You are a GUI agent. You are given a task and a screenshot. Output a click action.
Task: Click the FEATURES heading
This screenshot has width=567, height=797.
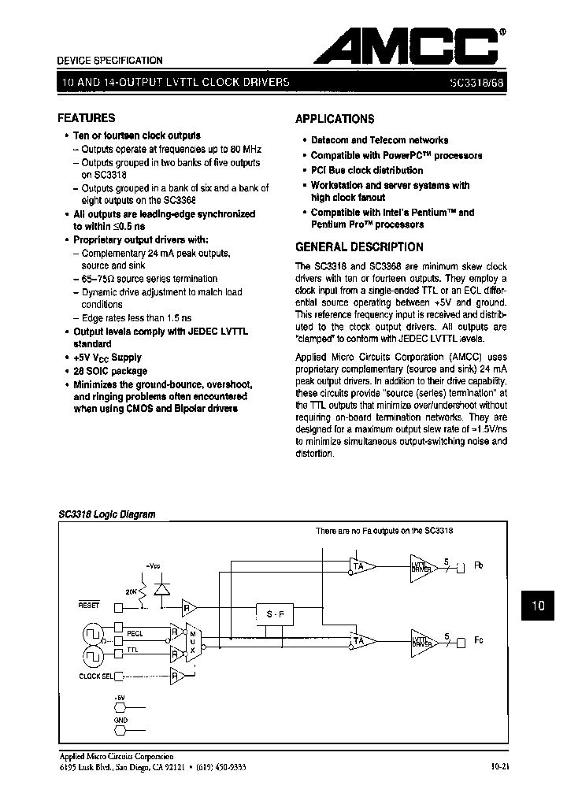click(87, 118)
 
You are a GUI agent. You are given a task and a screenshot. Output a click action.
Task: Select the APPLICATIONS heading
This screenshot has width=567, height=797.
click(335, 119)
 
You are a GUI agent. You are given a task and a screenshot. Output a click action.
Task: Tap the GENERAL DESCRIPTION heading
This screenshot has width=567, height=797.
click(359, 247)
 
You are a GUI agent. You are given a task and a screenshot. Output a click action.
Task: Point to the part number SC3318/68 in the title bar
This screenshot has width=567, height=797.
click(477, 82)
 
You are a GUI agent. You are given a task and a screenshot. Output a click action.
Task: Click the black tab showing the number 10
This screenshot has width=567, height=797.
click(538, 606)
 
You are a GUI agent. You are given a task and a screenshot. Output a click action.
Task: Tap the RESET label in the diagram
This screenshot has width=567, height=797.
click(89, 605)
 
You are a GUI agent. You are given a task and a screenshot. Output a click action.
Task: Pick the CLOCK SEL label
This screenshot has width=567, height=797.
click(96, 675)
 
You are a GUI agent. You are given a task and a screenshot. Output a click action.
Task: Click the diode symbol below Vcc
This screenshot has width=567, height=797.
click(162, 589)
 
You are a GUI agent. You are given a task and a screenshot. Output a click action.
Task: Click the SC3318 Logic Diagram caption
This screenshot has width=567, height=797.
click(106, 514)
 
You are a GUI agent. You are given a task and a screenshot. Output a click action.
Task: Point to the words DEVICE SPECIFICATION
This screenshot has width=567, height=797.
click(110, 61)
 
